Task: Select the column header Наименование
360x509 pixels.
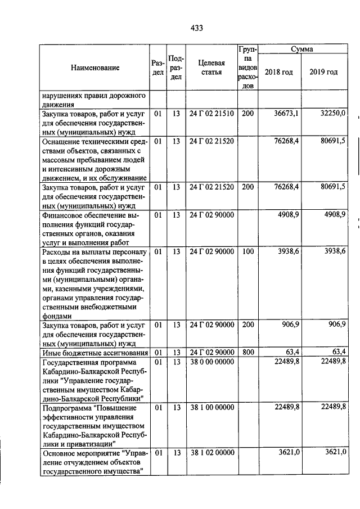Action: point(95,68)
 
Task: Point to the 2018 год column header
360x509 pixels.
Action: point(279,72)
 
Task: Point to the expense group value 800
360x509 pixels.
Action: point(247,353)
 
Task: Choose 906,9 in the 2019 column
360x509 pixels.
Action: point(335,325)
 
